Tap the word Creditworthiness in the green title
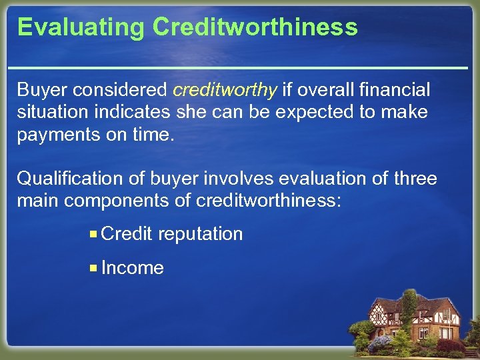click(x=255, y=28)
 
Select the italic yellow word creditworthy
click(x=225, y=89)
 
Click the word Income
click(x=133, y=268)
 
